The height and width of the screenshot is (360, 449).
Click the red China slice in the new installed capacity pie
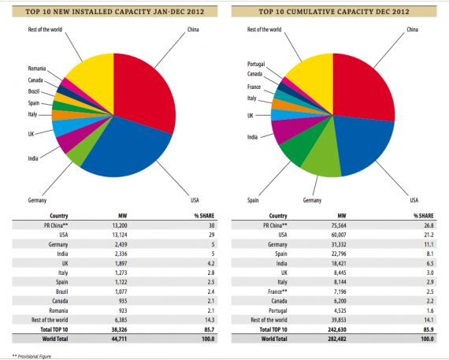143,91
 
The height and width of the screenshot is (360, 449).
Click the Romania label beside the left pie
37,69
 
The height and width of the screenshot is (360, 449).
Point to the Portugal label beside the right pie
256,64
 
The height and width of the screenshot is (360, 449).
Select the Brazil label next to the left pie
34,91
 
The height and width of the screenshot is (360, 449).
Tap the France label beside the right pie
254,87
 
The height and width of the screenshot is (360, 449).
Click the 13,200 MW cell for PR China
120,225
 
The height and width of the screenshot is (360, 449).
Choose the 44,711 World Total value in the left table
119,339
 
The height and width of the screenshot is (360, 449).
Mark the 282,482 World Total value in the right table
337,339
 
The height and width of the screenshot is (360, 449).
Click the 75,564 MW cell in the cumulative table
339,225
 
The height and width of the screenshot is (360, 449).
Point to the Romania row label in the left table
58,310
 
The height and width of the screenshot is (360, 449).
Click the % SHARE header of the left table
204,216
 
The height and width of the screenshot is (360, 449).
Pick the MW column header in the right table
342,216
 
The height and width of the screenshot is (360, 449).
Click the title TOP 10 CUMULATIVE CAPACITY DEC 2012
334,12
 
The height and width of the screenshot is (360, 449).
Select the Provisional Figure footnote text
35,356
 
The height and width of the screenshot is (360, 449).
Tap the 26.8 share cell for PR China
429,225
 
